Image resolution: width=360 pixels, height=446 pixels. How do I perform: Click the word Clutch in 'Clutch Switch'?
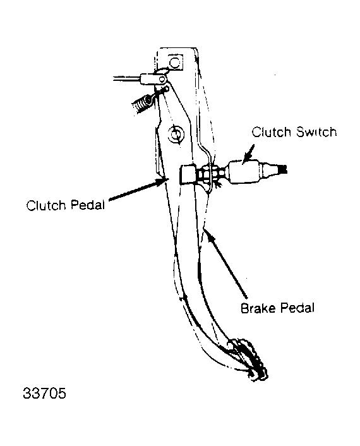click(x=272, y=132)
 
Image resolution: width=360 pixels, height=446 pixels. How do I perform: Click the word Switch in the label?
click(x=316, y=132)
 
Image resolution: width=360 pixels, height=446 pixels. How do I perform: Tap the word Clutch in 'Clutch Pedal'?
click(x=45, y=205)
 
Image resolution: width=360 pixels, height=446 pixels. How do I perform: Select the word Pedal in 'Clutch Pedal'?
click(x=88, y=205)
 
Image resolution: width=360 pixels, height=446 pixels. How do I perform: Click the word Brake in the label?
click(x=258, y=308)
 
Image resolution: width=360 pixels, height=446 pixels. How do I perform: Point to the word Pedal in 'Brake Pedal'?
click(x=297, y=308)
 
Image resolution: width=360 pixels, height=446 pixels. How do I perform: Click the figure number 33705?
click(x=44, y=393)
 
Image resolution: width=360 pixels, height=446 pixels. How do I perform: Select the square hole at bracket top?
click(x=174, y=62)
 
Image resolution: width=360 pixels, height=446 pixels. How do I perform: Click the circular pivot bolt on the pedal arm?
click(x=176, y=134)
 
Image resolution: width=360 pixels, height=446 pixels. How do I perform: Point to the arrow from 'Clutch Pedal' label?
click(x=138, y=189)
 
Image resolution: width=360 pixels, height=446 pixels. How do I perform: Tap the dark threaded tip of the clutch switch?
click(x=283, y=169)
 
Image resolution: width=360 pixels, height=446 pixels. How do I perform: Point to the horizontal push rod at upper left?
click(x=127, y=78)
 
